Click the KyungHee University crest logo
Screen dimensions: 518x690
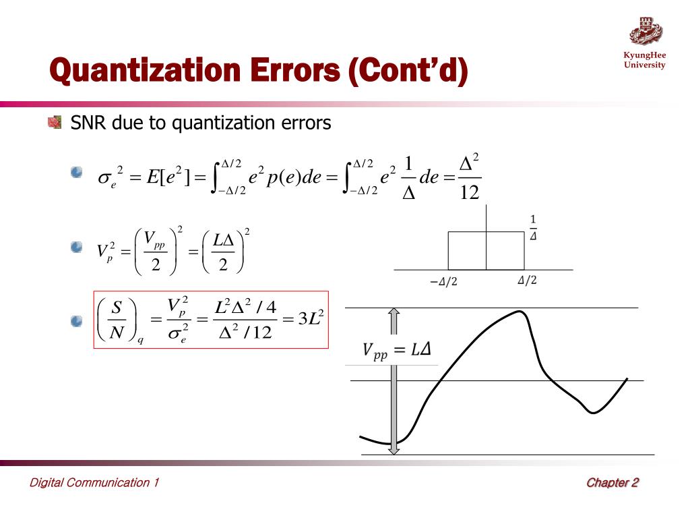pos(646,31)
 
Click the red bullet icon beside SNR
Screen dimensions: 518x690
pos(55,122)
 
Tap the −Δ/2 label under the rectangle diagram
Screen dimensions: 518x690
pos(443,282)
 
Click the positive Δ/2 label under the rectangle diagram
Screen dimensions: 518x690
pos(527,281)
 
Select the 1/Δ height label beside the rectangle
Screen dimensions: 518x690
pos(534,228)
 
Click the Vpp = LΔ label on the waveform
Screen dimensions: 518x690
pos(397,350)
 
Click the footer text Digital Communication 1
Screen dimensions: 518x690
pos(94,482)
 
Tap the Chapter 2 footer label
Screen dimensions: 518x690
pos(612,482)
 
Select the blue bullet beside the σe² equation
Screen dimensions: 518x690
pos(76,173)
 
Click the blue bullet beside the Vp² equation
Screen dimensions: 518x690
pos(76,248)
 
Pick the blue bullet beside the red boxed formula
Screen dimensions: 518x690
pos(76,322)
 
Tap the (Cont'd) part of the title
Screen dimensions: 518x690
pos(408,71)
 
